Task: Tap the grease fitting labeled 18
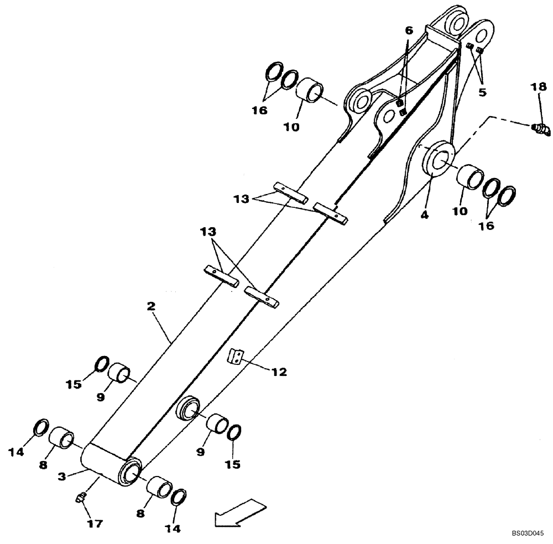point(541,129)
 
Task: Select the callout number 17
point(95,522)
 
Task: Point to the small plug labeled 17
point(80,498)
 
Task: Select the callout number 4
point(424,215)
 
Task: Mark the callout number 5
point(482,92)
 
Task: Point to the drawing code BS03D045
point(528,534)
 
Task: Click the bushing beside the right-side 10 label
point(468,177)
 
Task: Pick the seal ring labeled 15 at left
point(100,364)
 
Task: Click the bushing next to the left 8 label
point(61,438)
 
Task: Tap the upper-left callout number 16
point(259,110)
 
